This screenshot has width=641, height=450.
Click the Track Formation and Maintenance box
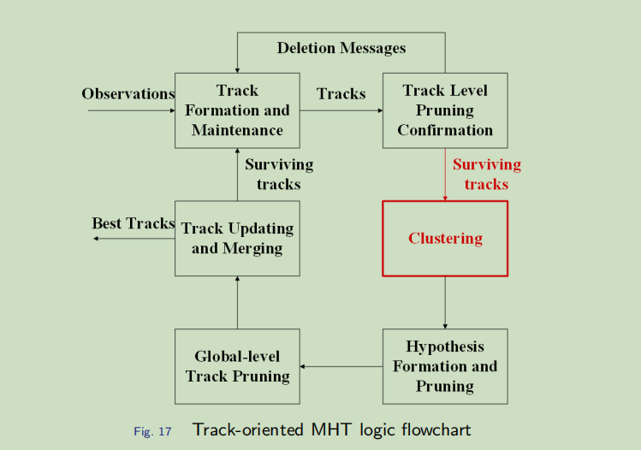237,110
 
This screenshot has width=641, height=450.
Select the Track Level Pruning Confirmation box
445,110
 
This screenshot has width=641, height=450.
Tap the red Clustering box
445,239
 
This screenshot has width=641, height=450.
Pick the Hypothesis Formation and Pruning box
445,366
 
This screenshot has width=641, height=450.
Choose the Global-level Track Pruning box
237,366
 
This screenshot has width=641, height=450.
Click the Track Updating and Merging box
237,239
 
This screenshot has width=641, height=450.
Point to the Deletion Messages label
341,48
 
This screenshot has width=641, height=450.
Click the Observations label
128,94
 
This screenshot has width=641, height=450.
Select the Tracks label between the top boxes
341,94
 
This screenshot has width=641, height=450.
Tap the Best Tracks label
134,223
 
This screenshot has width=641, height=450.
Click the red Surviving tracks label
486,174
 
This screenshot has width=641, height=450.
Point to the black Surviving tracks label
279,174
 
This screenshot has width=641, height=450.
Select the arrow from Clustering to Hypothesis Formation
445,302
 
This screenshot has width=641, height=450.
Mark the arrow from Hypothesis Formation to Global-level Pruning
341,367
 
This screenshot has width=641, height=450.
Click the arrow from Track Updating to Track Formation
237,175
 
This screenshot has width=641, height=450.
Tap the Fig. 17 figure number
152,431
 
